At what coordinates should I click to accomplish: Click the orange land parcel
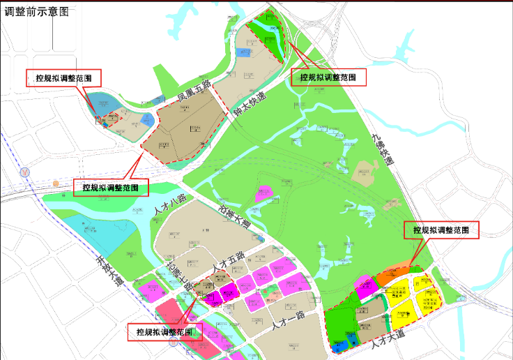[395, 275]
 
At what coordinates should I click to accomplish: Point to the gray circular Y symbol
[26, 170]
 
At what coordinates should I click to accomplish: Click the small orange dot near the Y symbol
[56, 183]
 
